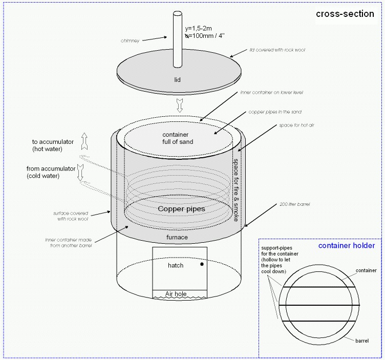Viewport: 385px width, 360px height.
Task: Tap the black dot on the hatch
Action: tap(202, 265)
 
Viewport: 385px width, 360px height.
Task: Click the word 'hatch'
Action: tap(176, 266)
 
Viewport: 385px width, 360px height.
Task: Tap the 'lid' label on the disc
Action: tap(177, 79)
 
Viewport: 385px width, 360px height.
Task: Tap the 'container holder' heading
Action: tap(346, 246)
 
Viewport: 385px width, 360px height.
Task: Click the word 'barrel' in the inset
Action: tap(361, 340)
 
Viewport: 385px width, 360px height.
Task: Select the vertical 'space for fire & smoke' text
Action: tap(236, 189)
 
